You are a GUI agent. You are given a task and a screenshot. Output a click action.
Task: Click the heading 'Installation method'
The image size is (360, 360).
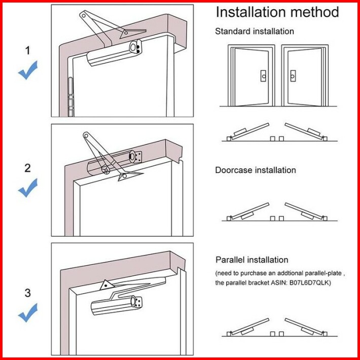pyautogui.click(x=277, y=12)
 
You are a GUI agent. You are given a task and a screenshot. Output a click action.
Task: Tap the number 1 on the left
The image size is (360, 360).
pyautogui.click(x=28, y=50)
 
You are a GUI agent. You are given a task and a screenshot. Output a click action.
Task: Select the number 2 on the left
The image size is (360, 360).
pyautogui.click(x=28, y=168)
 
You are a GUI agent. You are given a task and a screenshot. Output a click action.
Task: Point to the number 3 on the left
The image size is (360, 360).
pyautogui.click(x=28, y=293)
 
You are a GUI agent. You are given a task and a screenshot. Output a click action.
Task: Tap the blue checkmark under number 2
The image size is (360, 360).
pyautogui.click(x=28, y=189)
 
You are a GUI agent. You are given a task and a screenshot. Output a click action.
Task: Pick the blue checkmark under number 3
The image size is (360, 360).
pyautogui.click(x=28, y=313)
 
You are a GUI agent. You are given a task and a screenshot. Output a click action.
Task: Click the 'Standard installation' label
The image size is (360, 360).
pyautogui.click(x=255, y=31)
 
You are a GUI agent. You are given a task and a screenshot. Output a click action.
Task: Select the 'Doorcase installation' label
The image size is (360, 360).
pyautogui.click(x=256, y=170)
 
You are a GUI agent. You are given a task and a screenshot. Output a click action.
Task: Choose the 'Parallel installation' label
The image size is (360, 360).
pyautogui.click(x=252, y=260)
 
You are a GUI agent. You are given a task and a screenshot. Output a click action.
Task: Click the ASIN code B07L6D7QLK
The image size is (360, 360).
pyautogui.click(x=307, y=282)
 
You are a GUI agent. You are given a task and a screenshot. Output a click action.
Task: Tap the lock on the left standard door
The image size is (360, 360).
pyautogui.click(x=263, y=76)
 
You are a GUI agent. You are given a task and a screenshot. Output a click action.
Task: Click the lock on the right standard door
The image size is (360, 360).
pyautogui.click(x=293, y=76)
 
